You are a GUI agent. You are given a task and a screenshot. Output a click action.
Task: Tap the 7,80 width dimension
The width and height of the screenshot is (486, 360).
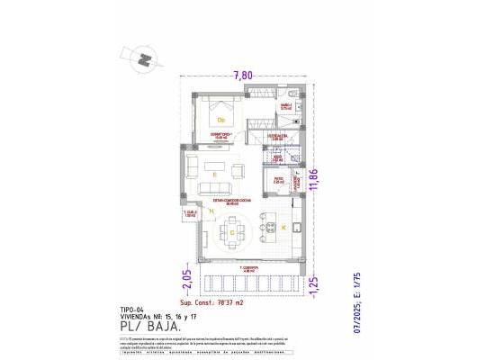(x=242, y=75)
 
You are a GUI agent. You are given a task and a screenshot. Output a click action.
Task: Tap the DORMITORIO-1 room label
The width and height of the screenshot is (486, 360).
(x=221, y=135)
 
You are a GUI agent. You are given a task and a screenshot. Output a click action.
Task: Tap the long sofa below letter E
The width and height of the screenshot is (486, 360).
(x=216, y=187)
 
